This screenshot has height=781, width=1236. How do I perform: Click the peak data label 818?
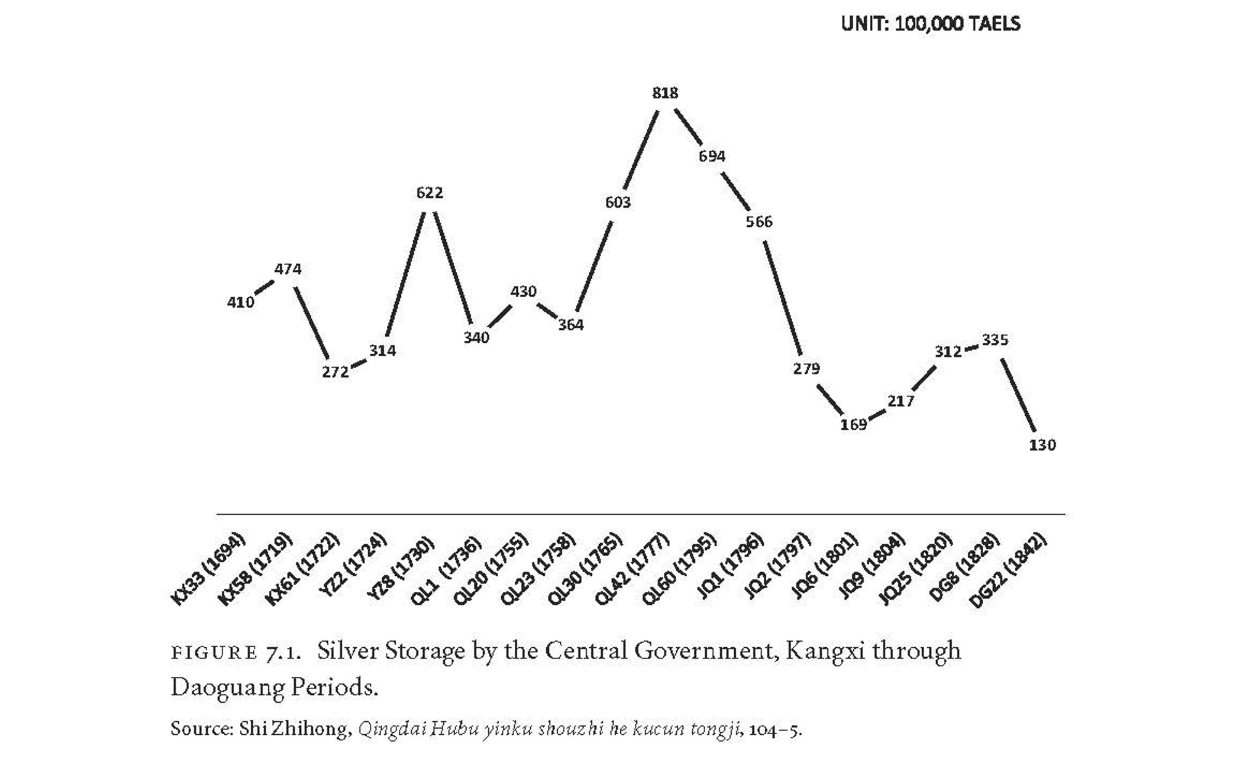click(x=665, y=93)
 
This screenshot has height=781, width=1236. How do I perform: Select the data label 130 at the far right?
click(x=1042, y=445)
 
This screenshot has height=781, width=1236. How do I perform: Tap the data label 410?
click(x=240, y=302)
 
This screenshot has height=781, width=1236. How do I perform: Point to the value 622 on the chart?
click(x=430, y=193)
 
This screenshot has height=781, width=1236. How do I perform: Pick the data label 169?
click(x=854, y=424)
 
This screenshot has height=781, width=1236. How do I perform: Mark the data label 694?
click(x=712, y=157)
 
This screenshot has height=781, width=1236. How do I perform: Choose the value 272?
click(x=335, y=372)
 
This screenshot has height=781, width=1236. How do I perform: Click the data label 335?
click(x=995, y=340)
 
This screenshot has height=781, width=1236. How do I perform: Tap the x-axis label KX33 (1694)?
click(x=208, y=569)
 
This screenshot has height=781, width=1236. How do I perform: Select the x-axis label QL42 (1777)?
click(x=632, y=569)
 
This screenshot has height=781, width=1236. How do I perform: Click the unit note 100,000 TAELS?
click(x=957, y=24)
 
